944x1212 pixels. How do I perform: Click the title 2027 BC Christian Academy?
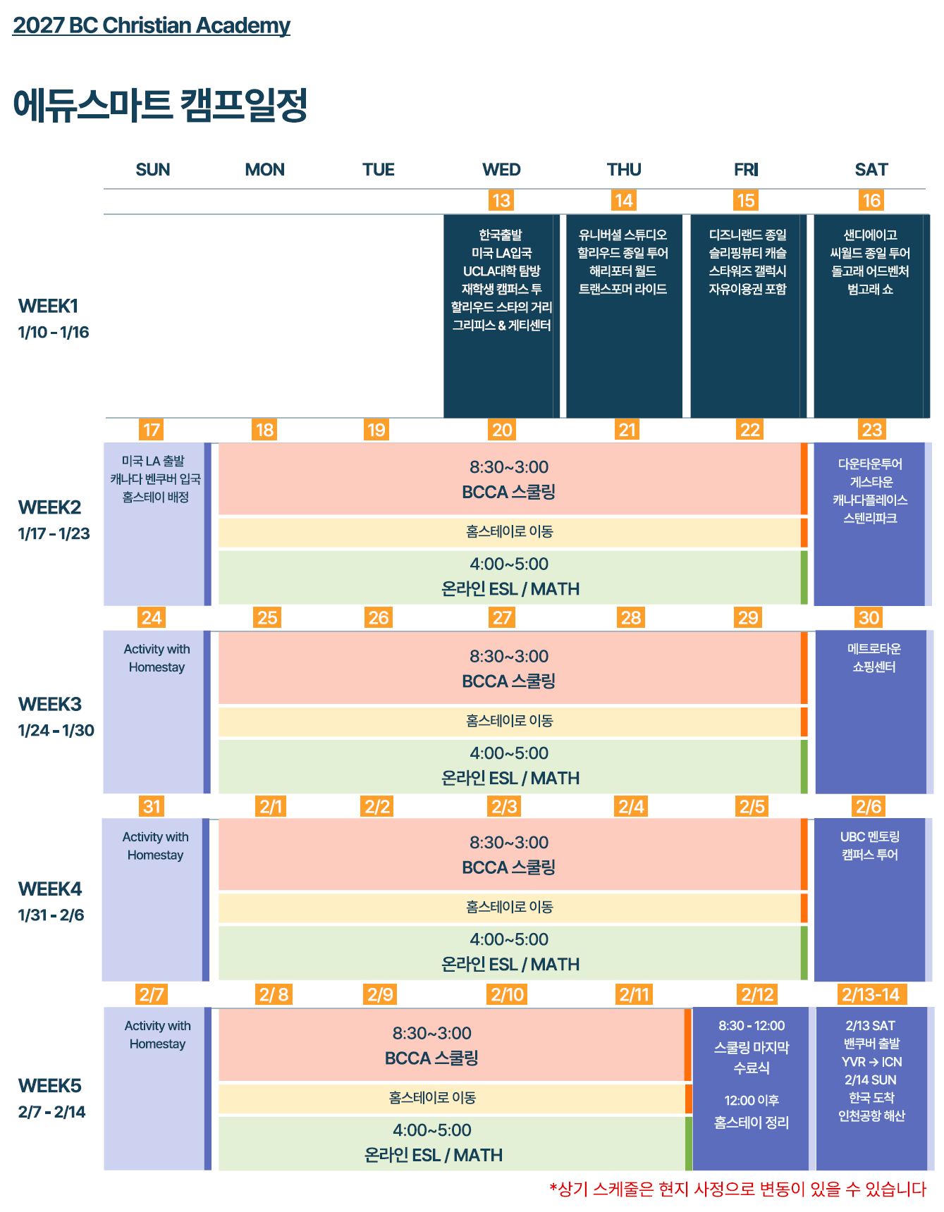[x=152, y=25]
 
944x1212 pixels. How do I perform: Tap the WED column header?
[x=501, y=170]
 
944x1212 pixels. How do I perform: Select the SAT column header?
[x=871, y=170]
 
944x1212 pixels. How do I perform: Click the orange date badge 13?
[x=501, y=201]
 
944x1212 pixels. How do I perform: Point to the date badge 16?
[x=872, y=201]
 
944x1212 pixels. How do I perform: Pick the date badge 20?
[x=502, y=430]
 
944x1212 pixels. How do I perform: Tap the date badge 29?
[x=748, y=618]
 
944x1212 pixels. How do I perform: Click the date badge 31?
[x=152, y=806]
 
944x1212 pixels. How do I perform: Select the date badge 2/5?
[x=752, y=806]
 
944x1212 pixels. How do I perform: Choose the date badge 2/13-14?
[x=871, y=994]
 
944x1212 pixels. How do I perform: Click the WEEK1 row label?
[x=48, y=307]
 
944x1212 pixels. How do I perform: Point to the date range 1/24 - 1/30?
[x=56, y=731]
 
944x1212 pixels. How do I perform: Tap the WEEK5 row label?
[x=50, y=1086]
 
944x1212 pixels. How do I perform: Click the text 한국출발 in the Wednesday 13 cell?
[x=501, y=235]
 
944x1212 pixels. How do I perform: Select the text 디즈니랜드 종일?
[x=747, y=235]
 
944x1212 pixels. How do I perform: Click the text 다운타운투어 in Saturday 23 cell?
[x=870, y=464]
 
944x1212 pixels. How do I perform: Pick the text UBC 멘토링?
[x=870, y=837]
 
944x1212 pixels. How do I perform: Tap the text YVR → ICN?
[x=871, y=1062]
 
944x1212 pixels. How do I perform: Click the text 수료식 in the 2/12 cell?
[x=752, y=1068]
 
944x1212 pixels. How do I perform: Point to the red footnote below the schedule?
[x=737, y=1189]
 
